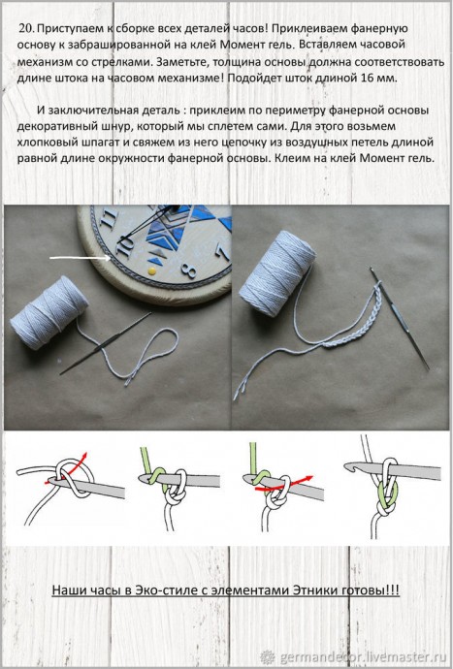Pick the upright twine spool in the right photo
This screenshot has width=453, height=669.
point(288,254)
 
